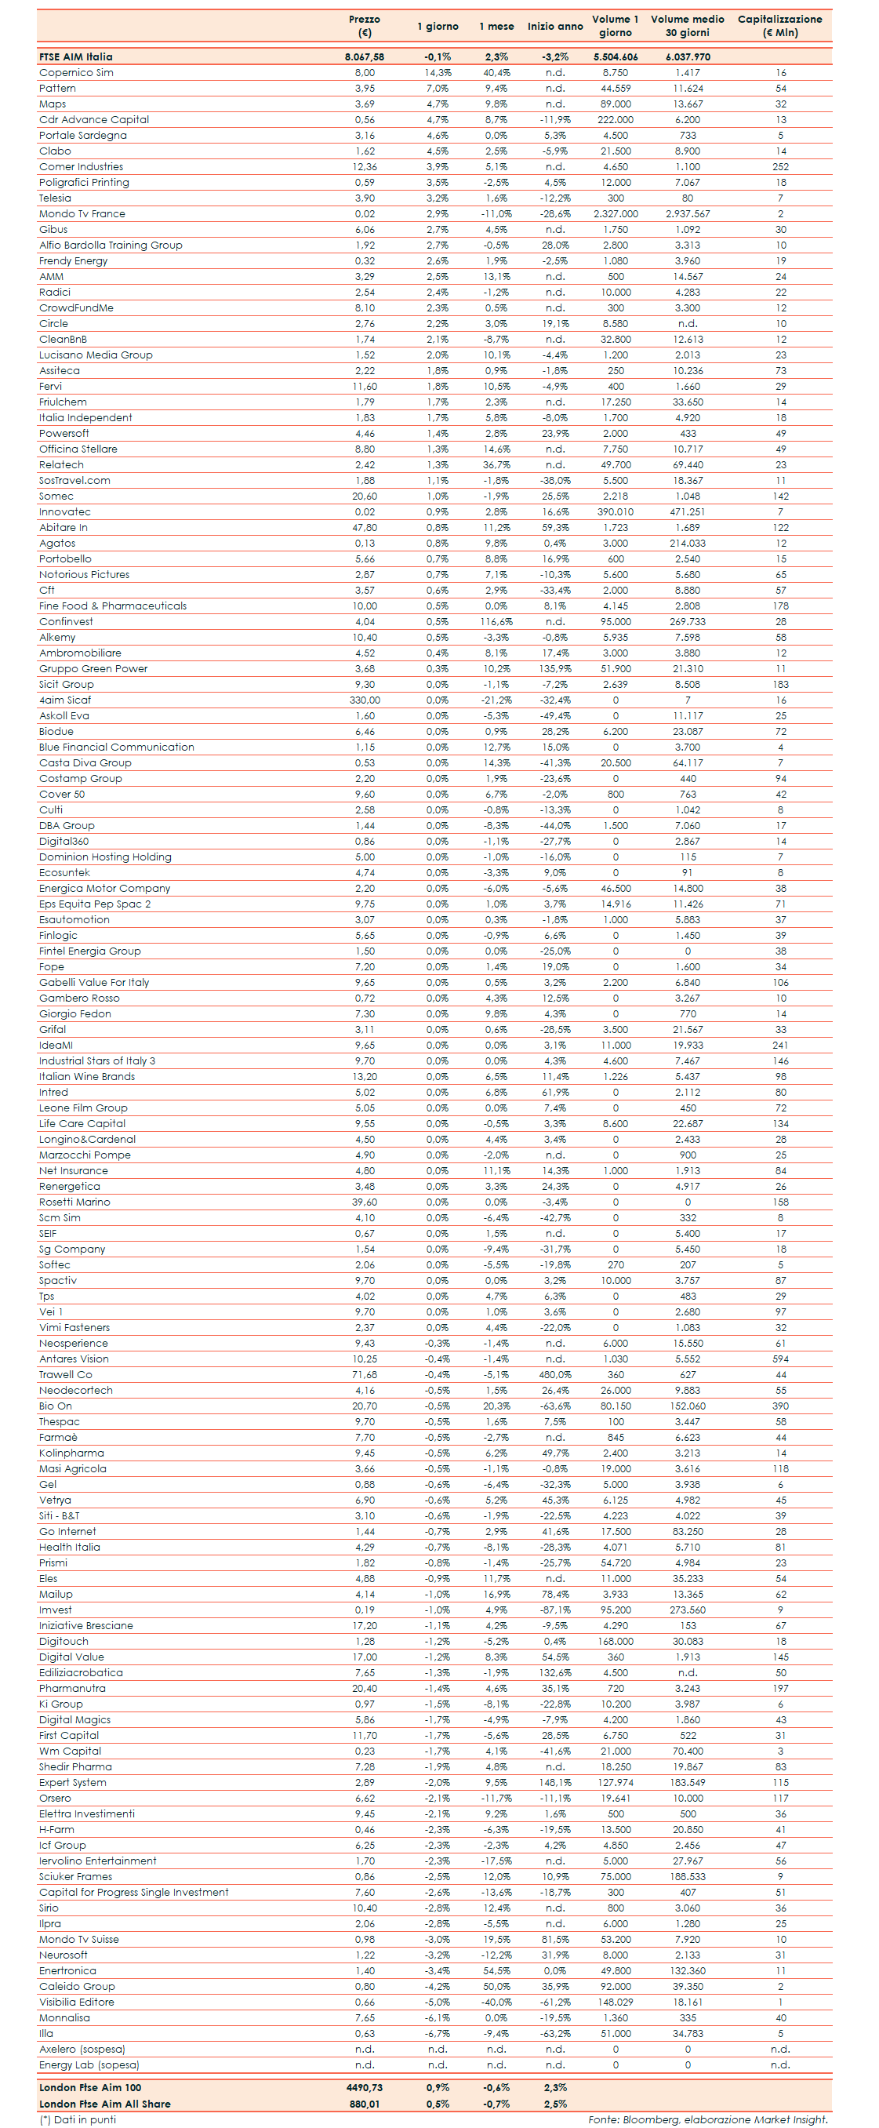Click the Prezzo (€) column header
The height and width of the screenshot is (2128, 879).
pyautogui.click(x=365, y=26)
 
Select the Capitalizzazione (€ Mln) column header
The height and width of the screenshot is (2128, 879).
pyautogui.click(x=779, y=26)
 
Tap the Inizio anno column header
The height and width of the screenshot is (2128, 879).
pyautogui.click(x=555, y=27)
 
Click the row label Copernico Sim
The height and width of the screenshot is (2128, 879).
pyautogui.click(x=76, y=73)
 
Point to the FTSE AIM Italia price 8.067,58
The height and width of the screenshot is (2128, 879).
pyautogui.click(x=365, y=57)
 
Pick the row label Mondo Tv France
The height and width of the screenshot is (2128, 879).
pyautogui.click(x=82, y=214)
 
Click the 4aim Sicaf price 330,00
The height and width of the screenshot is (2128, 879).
pyautogui.click(x=365, y=700)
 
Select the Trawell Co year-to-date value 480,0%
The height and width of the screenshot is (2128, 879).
pyautogui.click(x=555, y=1374)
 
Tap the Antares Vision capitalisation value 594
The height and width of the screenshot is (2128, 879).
pyautogui.click(x=780, y=1359)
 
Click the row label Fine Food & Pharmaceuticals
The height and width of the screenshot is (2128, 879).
pyautogui.click(x=112, y=606)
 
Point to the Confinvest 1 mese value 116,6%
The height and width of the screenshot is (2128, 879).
pyautogui.click(x=496, y=622)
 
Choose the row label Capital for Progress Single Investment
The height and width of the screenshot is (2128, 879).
pyautogui.click(x=134, y=1893)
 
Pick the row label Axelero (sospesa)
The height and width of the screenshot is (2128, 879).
pyautogui.click(x=82, y=2050)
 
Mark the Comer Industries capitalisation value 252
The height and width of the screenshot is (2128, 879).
pyautogui.click(x=780, y=167)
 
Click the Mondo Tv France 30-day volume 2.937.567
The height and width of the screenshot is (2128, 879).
pyautogui.click(x=688, y=214)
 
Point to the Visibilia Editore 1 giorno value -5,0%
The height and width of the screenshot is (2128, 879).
pyautogui.click(x=437, y=2003)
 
